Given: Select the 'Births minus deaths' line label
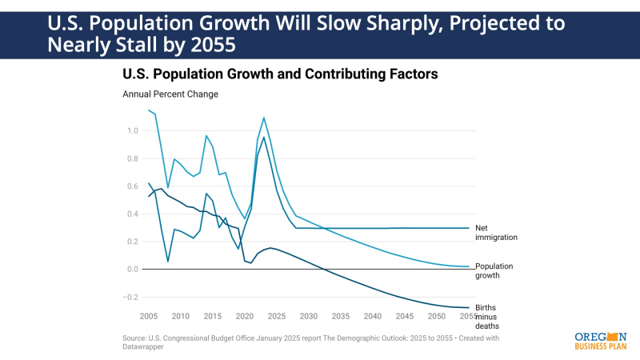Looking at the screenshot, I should [486, 316].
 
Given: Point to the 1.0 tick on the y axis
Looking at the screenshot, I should [132, 131].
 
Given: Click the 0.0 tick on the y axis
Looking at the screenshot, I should [132, 270].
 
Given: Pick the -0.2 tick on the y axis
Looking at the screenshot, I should [130, 297].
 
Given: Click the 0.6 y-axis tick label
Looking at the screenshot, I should [132, 186].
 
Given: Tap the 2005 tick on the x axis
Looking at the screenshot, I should [149, 316].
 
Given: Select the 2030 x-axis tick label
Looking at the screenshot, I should [309, 316].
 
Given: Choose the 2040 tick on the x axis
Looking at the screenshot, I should [373, 316].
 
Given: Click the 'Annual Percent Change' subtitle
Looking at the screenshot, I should [170, 94].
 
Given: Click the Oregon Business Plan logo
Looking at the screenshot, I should [600, 341].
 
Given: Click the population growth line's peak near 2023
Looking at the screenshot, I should [264, 118].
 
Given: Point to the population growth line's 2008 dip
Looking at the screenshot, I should [167, 186].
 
